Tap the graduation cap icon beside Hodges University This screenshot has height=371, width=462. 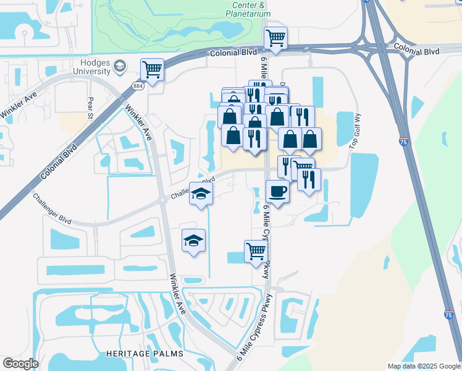click(x=120, y=66)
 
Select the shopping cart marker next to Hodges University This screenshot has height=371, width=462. click(x=151, y=69)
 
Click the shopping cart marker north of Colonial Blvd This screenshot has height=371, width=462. click(x=275, y=38)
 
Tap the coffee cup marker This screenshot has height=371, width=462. click(x=277, y=191)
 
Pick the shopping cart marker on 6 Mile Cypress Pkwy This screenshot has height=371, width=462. click(x=256, y=251)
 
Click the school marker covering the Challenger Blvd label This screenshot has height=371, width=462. click(x=201, y=194)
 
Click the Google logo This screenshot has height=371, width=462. click(x=20, y=364)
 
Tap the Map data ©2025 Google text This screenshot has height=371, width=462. click(x=422, y=366)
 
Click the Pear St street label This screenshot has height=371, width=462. click(x=91, y=107)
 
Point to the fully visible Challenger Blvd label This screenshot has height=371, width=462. click(x=53, y=208)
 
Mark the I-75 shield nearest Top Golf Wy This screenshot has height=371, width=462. click(x=403, y=142)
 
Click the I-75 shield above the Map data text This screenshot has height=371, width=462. click(x=448, y=315)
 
